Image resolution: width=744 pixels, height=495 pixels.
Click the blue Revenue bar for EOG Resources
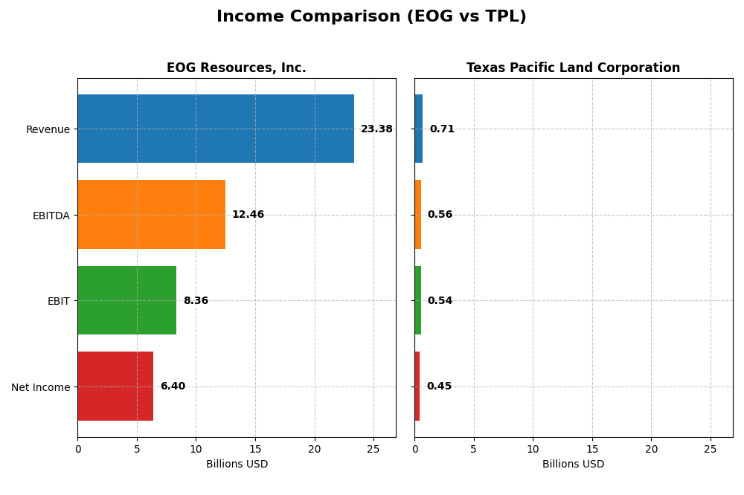(216, 129)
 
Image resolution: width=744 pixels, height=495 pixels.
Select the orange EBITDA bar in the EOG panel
(151, 215)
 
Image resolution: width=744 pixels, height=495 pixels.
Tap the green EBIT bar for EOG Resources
(126, 300)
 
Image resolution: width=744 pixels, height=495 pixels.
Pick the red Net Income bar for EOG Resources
(115, 386)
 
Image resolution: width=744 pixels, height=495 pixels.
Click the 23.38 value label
(376, 129)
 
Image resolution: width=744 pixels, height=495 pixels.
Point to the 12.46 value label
(248, 215)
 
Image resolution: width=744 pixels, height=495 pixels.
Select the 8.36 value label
(196, 301)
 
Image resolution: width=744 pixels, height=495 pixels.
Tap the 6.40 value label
(173, 386)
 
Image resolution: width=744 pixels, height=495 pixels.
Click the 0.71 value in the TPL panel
(442, 129)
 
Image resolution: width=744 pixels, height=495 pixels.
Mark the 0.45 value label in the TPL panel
(439, 386)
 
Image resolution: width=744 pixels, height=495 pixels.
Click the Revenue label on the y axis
(48, 129)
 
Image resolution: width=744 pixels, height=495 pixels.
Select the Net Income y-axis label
(40, 387)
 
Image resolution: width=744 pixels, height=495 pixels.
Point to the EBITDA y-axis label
(51, 216)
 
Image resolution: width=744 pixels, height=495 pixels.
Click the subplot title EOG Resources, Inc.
(236, 68)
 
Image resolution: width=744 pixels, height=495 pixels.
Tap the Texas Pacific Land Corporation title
(573, 68)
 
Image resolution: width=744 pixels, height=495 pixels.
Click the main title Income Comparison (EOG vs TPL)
(371, 17)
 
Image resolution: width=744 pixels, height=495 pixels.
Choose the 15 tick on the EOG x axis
(255, 449)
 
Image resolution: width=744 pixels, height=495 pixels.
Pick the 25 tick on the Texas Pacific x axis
(711, 449)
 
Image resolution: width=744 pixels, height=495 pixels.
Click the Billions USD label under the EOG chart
(237, 464)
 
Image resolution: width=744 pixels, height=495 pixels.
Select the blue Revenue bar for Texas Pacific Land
(418, 129)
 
